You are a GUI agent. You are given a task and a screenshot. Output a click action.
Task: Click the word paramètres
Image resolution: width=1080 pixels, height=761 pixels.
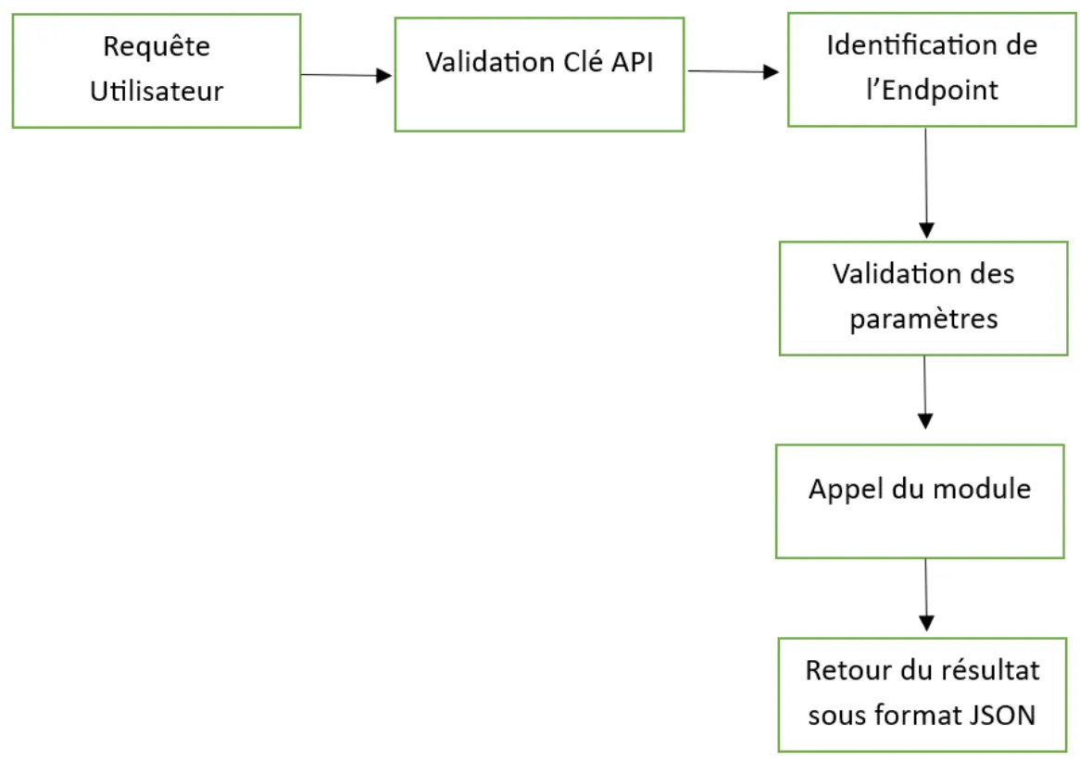(x=923, y=319)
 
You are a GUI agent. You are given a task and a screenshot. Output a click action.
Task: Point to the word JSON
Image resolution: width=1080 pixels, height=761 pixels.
(x=1007, y=715)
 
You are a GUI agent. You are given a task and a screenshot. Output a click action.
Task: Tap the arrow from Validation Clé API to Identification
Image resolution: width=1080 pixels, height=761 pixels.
(x=733, y=71)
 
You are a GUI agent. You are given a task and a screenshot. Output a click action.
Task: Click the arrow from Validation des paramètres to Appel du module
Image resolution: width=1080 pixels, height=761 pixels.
(x=924, y=393)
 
